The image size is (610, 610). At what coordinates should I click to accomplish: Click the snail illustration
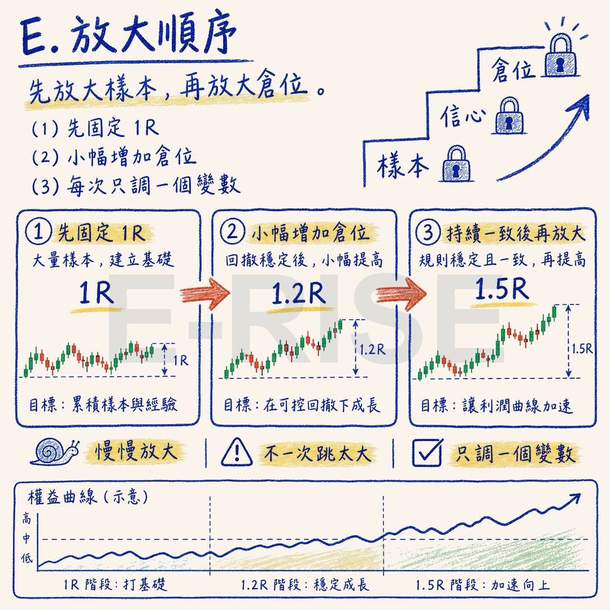pyautogui.click(x=55, y=452)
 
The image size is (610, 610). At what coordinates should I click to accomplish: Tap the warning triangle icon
pyautogui.click(x=237, y=452)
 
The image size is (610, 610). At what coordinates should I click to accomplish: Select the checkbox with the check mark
pyautogui.click(x=427, y=452)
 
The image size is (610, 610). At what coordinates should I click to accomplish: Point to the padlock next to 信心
pyautogui.click(x=509, y=116)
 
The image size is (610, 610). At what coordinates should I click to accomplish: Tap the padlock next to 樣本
pyautogui.click(x=456, y=164)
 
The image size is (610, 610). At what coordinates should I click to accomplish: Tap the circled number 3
pyautogui.click(x=428, y=232)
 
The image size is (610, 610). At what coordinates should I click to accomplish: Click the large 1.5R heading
pyautogui.click(x=502, y=289)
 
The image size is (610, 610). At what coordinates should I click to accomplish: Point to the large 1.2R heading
pyautogui.click(x=298, y=293)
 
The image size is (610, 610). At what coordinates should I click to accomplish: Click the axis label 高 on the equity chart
pyautogui.click(x=26, y=518)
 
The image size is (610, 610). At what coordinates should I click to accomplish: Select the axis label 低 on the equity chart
pyautogui.click(x=27, y=559)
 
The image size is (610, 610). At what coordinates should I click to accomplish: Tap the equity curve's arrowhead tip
pyautogui.click(x=581, y=494)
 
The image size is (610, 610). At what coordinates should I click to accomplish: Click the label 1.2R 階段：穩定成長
pyautogui.click(x=304, y=585)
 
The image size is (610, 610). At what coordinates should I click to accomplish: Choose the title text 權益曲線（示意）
pyautogui.click(x=88, y=497)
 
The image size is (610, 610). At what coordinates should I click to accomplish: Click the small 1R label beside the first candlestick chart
pyautogui.click(x=181, y=360)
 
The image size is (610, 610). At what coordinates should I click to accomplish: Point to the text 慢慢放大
pyautogui.click(x=136, y=452)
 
